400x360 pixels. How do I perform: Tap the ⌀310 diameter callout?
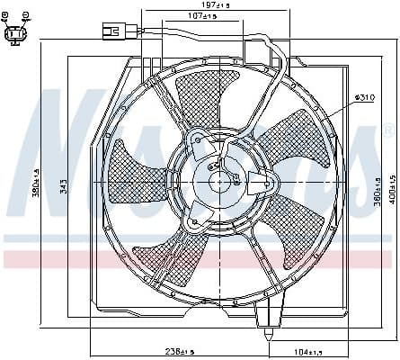pyautogui.click(x=364, y=96)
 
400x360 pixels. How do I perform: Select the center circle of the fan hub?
pyautogui.click(x=221, y=181)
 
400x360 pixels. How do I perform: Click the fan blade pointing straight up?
pyautogui.click(x=200, y=97)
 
